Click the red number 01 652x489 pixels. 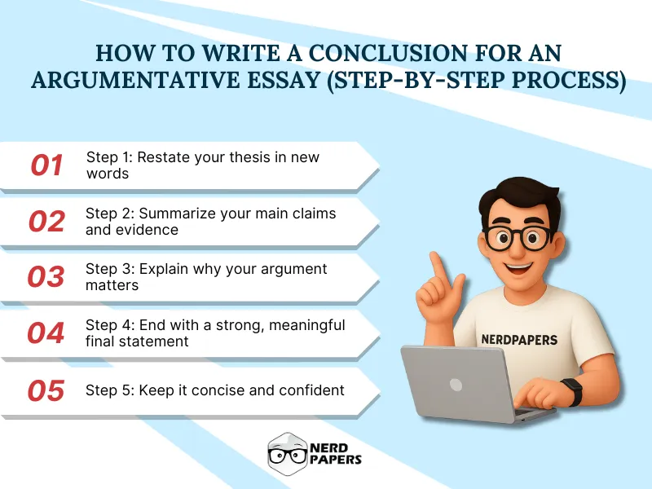pyautogui.click(x=46, y=165)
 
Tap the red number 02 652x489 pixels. pyautogui.click(x=46, y=221)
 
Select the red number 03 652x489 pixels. pyautogui.click(x=46, y=277)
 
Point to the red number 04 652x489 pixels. pyautogui.click(x=46, y=333)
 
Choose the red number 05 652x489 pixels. pyautogui.click(x=46, y=390)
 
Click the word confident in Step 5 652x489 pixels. pyautogui.click(x=308, y=390)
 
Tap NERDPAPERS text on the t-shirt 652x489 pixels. pyautogui.click(x=518, y=338)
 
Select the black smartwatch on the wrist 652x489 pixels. pyautogui.click(x=572, y=391)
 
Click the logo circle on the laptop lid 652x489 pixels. pyautogui.click(x=456, y=384)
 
